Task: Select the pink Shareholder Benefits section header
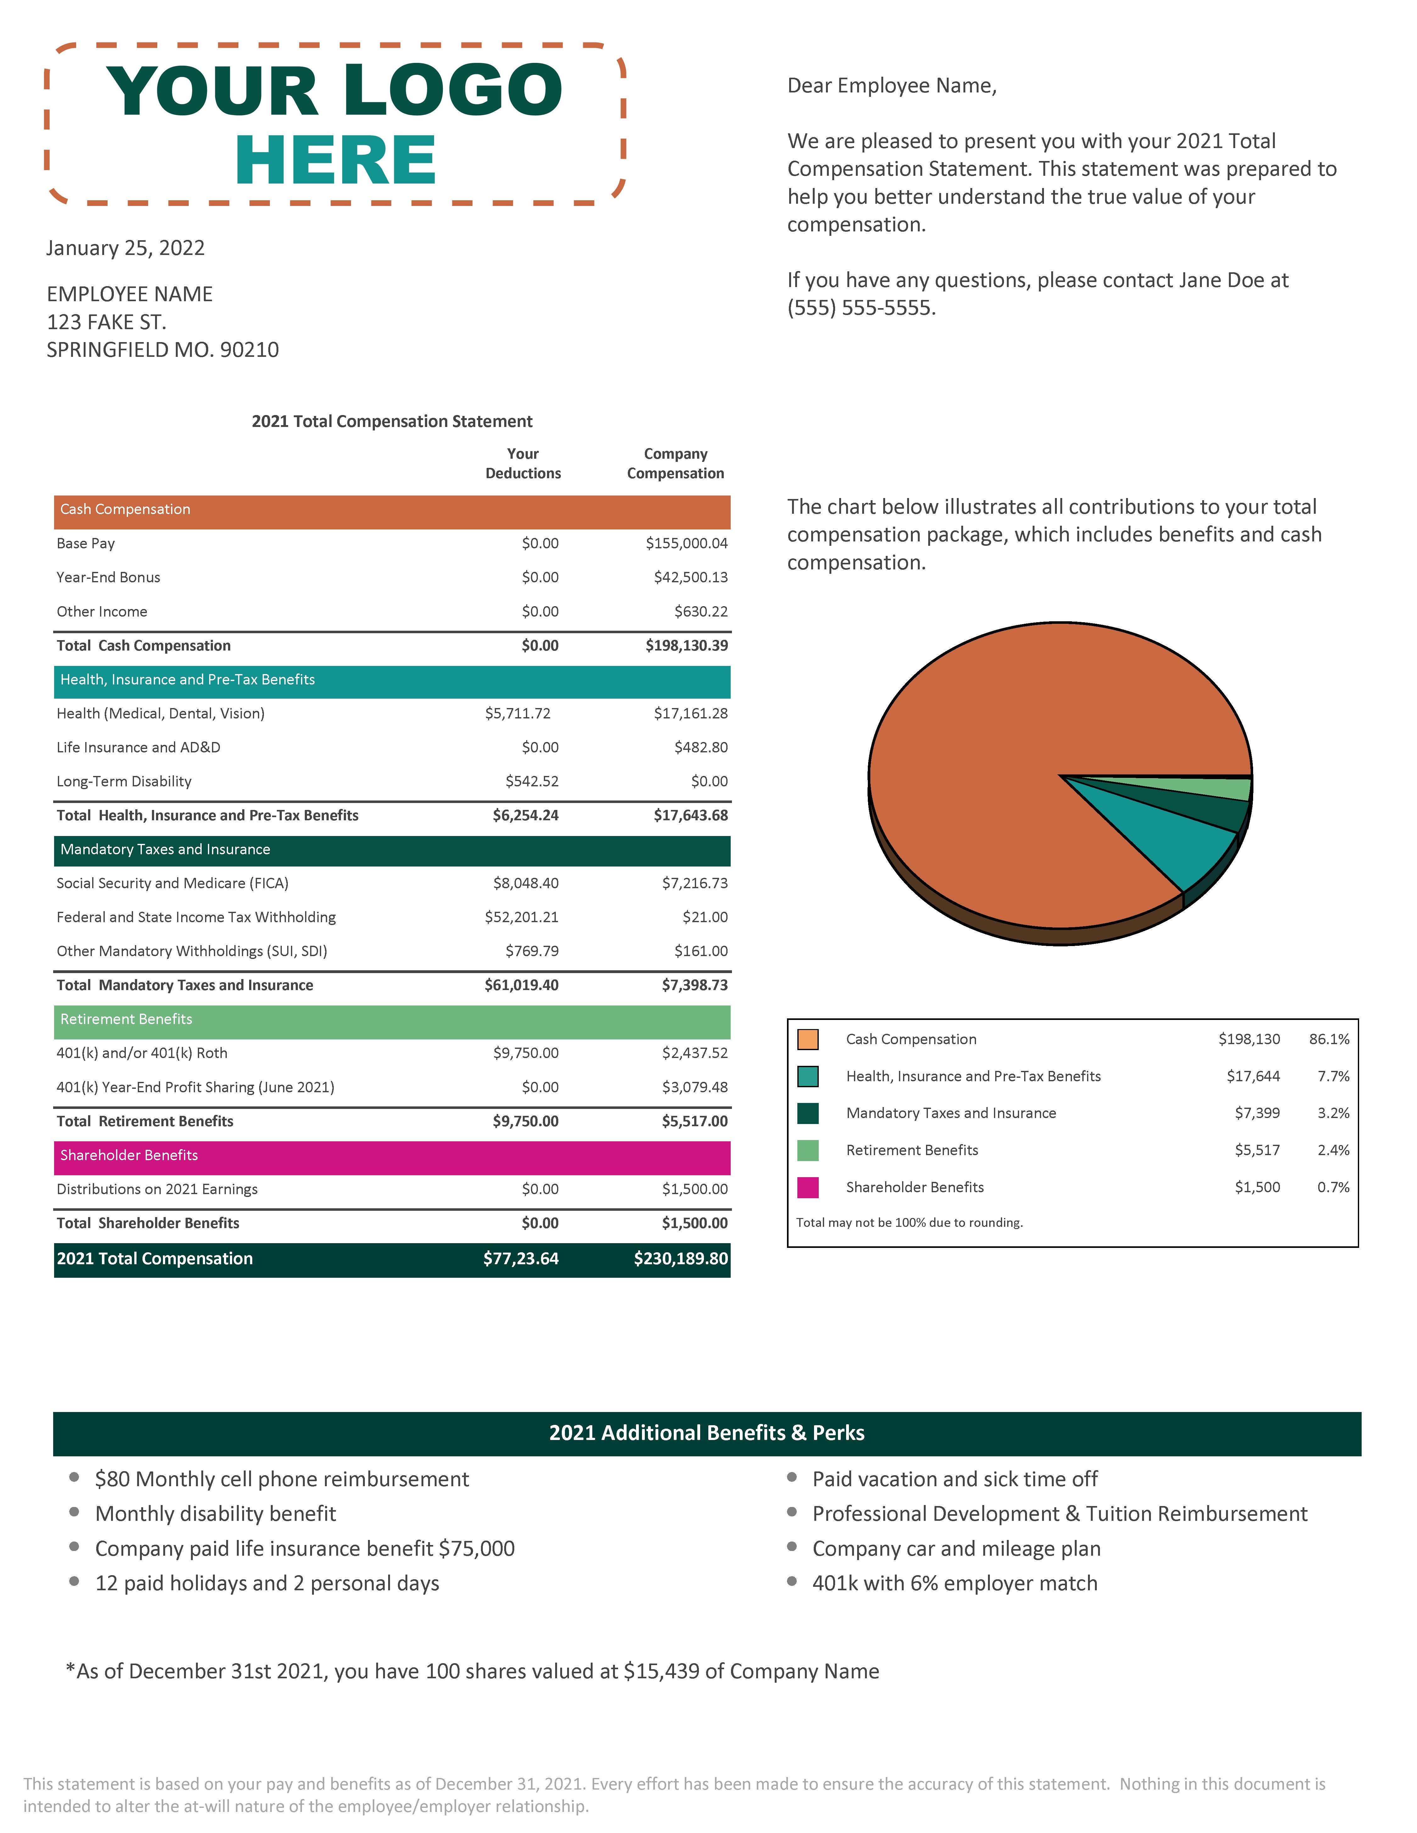[x=391, y=1156]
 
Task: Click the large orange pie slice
[x=1007, y=755]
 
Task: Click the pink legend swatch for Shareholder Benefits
[x=807, y=1188]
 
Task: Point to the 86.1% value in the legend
[x=1329, y=1039]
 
